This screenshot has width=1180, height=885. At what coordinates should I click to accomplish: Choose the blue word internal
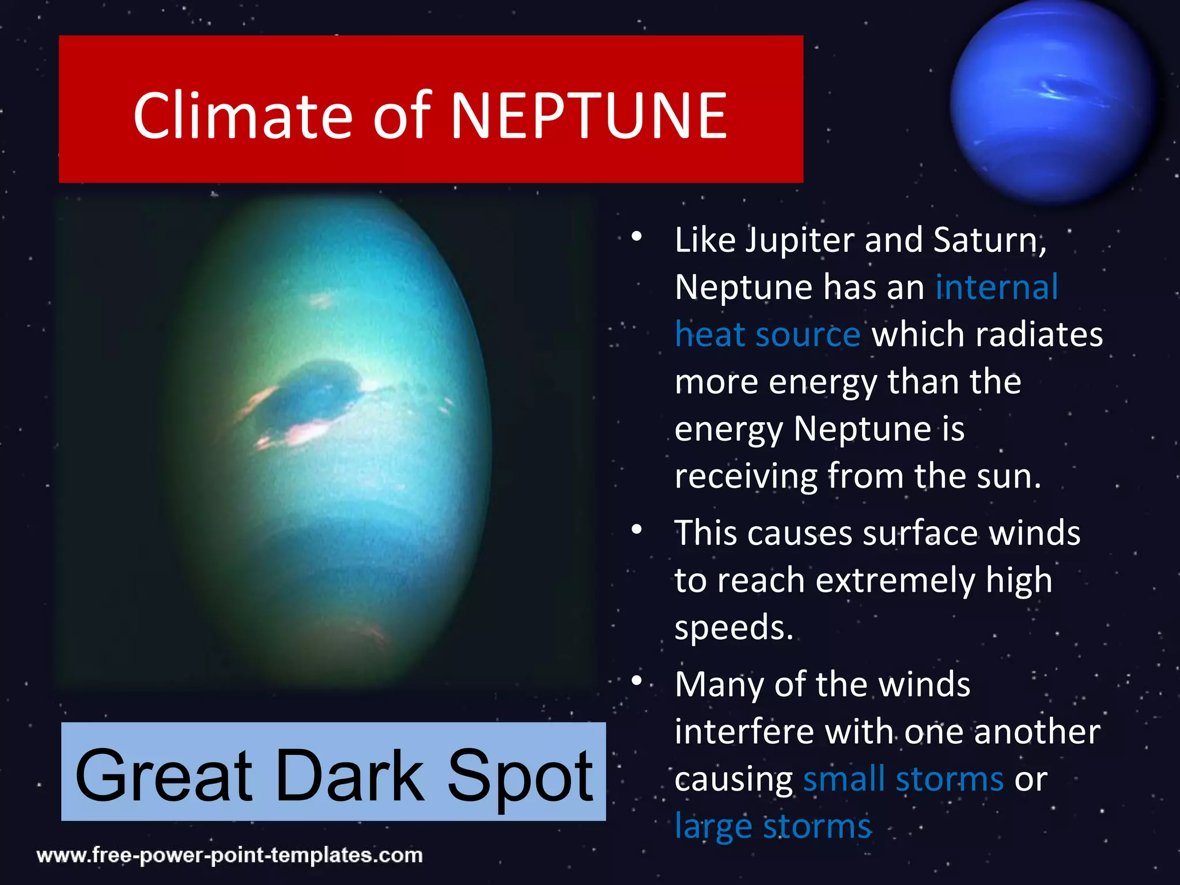(996, 287)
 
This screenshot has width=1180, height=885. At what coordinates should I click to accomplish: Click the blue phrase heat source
(767, 335)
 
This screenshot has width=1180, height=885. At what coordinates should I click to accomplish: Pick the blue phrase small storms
(903, 779)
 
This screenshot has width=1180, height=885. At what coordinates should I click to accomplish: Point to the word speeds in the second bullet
(733, 627)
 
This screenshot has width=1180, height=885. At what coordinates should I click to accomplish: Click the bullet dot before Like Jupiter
(636, 237)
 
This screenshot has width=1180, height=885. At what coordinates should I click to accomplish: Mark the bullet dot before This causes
(636, 530)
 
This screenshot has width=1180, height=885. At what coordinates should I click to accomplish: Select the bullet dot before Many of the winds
(636, 681)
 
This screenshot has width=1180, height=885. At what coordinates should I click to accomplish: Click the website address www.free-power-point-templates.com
(229, 855)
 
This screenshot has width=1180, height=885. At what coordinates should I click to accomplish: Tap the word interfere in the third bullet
(744, 732)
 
